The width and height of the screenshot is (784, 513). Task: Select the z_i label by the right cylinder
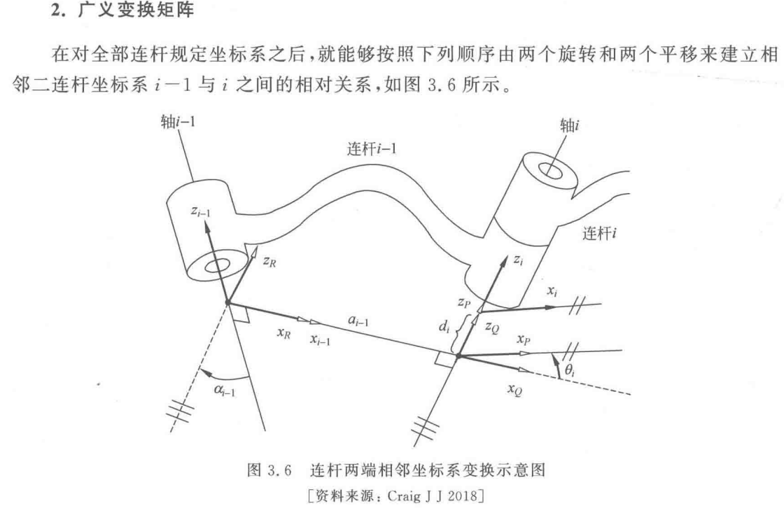pos(518,260)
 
